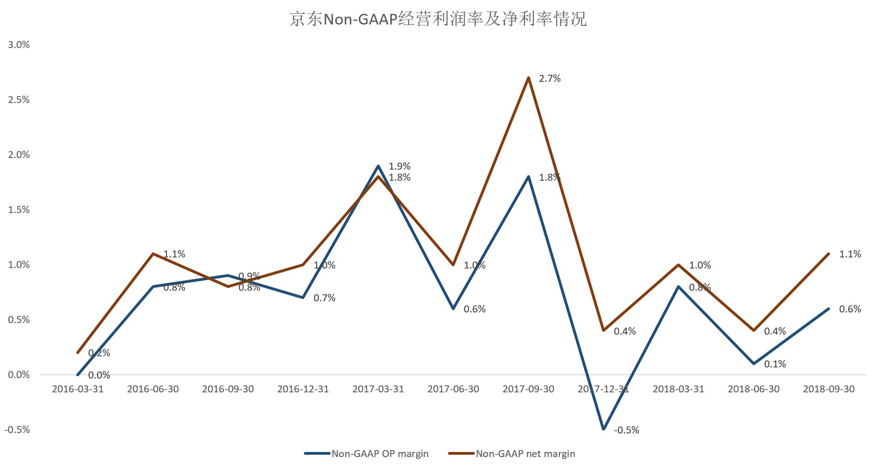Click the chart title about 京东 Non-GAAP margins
tap(438, 19)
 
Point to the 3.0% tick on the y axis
tap(18, 45)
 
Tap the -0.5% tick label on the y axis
tap(17, 430)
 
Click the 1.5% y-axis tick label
tap(18, 210)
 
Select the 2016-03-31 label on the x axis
tap(78, 389)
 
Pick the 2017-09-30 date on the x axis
tap(528, 389)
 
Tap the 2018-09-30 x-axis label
tap(829, 389)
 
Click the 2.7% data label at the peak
tap(550, 79)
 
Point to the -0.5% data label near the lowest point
tap(627, 430)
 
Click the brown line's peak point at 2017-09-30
tap(529, 78)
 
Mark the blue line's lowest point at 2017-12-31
tap(603, 429)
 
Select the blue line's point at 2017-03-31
tap(378, 166)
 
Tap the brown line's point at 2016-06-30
tap(153, 254)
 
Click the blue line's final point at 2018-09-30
tap(828, 309)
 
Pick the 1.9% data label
tap(400, 166)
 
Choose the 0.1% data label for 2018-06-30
tap(775, 364)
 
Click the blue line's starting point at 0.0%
tap(78, 375)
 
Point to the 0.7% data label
tap(324, 298)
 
